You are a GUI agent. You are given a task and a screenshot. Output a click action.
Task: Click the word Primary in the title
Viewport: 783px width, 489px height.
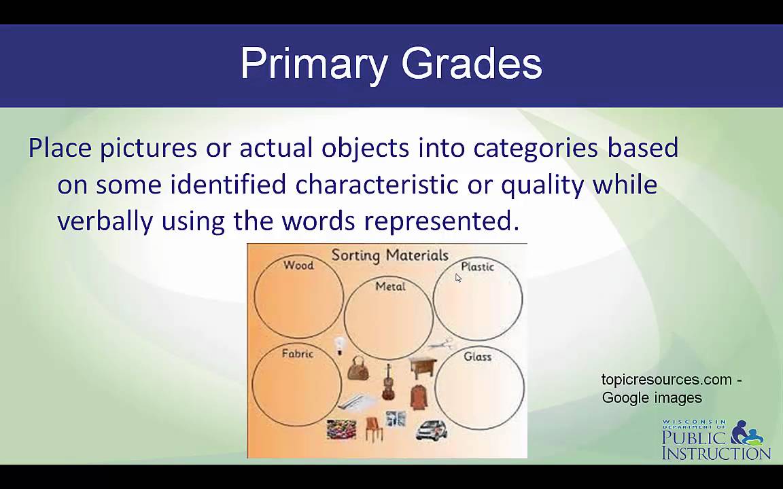click(314, 65)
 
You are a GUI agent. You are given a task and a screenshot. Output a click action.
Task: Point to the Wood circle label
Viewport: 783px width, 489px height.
click(298, 265)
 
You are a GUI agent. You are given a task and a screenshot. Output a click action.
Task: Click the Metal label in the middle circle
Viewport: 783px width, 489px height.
click(390, 287)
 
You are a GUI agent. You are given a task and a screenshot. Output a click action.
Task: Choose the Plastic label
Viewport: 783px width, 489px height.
click(477, 266)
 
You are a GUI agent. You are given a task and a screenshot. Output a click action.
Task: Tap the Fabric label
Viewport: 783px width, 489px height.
click(297, 353)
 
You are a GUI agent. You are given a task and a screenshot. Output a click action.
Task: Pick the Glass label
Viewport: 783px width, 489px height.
click(477, 357)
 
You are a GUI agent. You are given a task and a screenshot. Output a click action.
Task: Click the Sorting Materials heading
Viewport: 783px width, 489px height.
click(389, 255)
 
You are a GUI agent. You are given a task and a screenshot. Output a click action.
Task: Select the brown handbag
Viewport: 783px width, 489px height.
click(358, 369)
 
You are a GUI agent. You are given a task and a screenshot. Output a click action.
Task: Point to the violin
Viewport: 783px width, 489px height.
click(388, 382)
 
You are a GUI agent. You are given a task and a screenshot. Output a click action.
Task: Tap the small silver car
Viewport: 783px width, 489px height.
click(431, 429)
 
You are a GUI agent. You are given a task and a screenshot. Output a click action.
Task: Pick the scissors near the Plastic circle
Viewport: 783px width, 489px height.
click(441, 344)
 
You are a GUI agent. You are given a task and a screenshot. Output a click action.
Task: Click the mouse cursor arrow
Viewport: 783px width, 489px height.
click(459, 278)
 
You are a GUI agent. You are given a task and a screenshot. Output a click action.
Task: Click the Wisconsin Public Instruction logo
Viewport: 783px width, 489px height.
click(716, 440)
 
